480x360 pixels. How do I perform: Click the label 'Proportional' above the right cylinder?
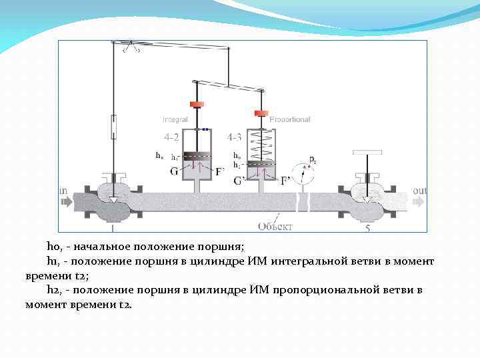(291, 119)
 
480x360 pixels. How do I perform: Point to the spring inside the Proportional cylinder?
(260, 144)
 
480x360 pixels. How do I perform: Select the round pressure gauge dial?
(305, 175)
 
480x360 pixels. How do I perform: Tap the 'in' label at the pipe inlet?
(63, 191)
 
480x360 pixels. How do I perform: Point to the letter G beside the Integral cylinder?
(174, 171)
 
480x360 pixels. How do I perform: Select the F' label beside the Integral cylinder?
(220, 171)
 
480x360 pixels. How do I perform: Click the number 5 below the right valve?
(368, 228)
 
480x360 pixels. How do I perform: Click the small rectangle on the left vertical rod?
(114, 125)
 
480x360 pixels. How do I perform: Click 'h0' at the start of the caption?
(53, 245)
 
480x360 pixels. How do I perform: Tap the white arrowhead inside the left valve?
(114, 199)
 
